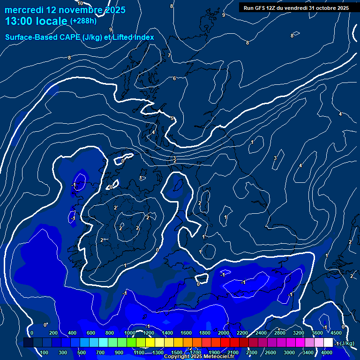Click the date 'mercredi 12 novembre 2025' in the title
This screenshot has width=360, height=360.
click(x=65, y=10)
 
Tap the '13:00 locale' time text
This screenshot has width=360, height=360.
click(x=36, y=21)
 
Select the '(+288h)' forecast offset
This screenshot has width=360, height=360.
click(x=83, y=21)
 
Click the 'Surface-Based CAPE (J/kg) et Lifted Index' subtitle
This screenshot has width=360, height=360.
click(x=80, y=37)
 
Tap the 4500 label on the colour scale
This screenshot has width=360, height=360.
click(x=336, y=333)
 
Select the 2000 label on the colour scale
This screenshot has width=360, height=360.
click(x=224, y=333)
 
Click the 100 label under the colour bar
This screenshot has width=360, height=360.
click(x=45, y=352)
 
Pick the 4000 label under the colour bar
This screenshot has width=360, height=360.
click(x=327, y=352)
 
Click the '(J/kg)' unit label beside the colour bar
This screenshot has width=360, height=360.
click(x=347, y=344)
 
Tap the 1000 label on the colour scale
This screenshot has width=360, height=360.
click(x=130, y=333)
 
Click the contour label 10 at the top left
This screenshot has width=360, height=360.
click(x=80, y=3)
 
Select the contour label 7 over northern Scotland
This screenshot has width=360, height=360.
click(x=169, y=55)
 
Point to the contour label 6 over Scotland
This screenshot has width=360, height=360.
click(x=174, y=78)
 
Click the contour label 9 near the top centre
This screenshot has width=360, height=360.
click(x=224, y=15)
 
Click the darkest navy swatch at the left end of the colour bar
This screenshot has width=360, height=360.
click(x=28, y=343)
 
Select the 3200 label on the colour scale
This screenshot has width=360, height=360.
click(x=299, y=333)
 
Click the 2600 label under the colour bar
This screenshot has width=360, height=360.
click(x=270, y=352)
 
